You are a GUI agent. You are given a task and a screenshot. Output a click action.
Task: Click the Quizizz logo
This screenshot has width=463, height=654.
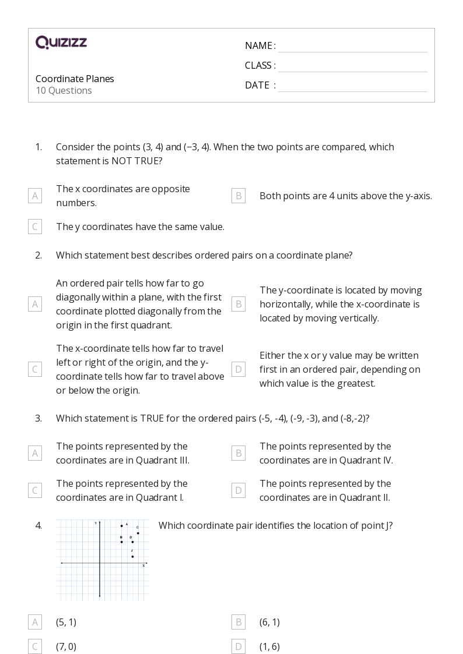pyautogui.click(x=61, y=42)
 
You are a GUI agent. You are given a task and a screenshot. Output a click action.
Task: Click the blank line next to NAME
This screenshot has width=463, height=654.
pyautogui.click(x=352, y=47)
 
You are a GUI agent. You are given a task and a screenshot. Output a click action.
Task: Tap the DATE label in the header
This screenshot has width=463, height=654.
pyautogui.click(x=257, y=85)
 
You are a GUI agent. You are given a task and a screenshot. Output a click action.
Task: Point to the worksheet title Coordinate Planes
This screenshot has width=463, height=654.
pyautogui.click(x=75, y=79)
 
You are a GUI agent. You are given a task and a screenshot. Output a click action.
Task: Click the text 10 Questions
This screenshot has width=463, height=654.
pyautogui.click(x=64, y=90)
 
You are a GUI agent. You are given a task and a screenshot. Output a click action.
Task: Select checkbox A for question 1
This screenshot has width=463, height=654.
pyautogui.click(x=35, y=196)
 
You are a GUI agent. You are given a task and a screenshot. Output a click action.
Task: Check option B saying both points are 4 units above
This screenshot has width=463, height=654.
pyautogui.click(x=238, y=196)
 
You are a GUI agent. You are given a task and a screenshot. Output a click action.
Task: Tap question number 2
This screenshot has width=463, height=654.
pyautogui.click(x=38, y=255)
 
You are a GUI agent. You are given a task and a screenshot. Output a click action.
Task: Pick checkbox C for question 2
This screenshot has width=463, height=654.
pyautogui.click(x=35, y=369)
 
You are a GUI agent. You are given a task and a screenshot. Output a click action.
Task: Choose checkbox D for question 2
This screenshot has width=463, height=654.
pyautogui.click(x=238, y=369)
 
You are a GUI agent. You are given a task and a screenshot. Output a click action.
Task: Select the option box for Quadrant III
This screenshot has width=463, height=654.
pyautogui.click(x=35, y=453)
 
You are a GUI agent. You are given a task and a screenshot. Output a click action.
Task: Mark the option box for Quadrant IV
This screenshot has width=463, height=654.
pyautogui.click(x=238, y=453)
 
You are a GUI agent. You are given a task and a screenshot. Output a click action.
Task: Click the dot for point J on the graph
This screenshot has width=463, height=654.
pyautogui.click(x=132, y=556)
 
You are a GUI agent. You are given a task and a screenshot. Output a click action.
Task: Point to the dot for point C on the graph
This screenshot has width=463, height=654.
pyautogui.click(x=138, y=533)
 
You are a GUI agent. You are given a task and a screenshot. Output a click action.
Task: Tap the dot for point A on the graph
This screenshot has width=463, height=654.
pyautogui.click(x=122, y=525)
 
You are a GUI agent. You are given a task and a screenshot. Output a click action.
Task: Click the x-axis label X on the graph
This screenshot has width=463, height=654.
pyautogui.click(x=143, y=565)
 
